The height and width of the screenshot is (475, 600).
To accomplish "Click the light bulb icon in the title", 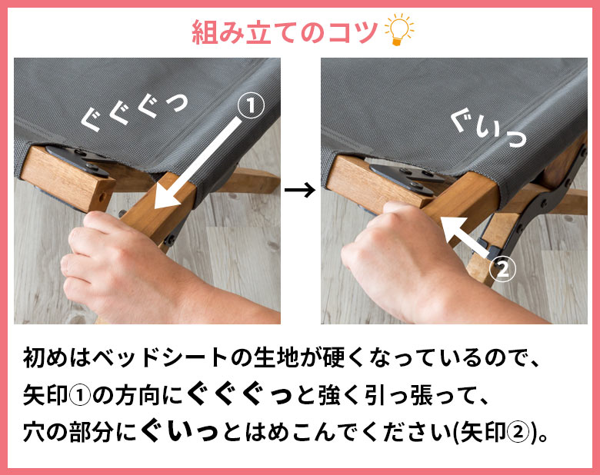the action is (399, 30).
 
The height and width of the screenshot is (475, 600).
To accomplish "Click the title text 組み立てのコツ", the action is (285, 32).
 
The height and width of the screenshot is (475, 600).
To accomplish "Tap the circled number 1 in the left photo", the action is (251, 106).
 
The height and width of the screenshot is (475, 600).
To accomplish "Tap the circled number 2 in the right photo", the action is (503, 269).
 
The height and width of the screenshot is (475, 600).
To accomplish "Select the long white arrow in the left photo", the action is (198, 164).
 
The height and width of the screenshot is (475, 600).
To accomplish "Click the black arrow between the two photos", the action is (300, 190).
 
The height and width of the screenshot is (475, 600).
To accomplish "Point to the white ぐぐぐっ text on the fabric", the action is (135, 111).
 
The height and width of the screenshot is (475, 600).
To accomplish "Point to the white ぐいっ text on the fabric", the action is (488, 129).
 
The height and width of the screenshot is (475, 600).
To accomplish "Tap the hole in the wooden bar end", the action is (102, 198).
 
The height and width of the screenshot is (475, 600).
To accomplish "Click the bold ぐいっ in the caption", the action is (180, 433).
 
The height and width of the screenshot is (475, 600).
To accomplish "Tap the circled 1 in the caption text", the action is (80, 396).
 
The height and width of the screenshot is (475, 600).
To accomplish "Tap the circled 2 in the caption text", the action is (518, 433).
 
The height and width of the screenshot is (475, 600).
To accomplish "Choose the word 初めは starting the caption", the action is (57, 357).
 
